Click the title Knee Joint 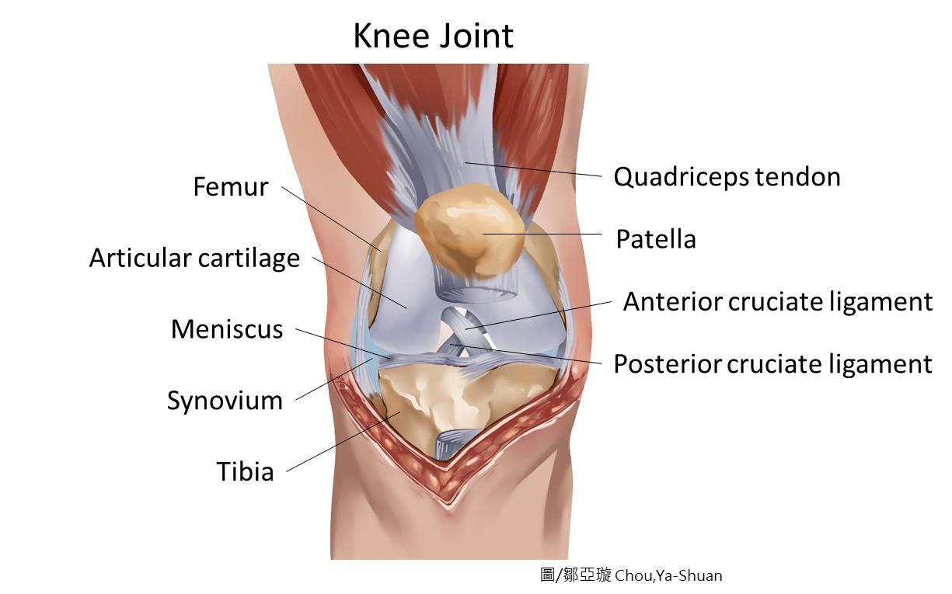coord(433,36)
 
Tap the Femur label coord(231,187)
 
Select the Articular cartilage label coord(194,258)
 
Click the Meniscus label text coord(227,329)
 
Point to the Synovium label coord(225,401)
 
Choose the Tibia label coord(245,471)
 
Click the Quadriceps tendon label coord(727,177)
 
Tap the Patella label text coord(655,239)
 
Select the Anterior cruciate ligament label coord(777,301)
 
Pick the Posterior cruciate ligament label coord(772,363)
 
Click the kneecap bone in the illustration coord(469,231)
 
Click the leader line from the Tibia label coord(342,442)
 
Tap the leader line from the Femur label coord(330,218)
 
